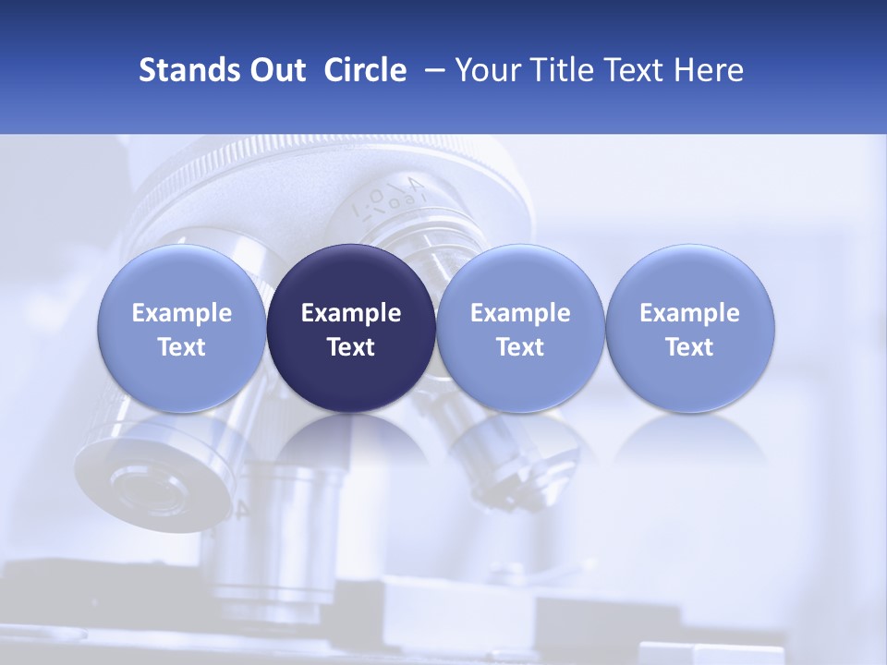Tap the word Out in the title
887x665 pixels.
tap(274, 70)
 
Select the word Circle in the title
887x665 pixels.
tap(365, 70)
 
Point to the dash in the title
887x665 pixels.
tap(431, 70)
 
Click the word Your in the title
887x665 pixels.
tap(488, 70)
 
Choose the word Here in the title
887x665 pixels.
tap(711, 70)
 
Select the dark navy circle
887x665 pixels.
tap(351, 329)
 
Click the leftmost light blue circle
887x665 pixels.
tap(182, 329)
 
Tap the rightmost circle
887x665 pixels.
tap(689, 329)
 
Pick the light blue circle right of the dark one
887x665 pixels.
tap(520, 329)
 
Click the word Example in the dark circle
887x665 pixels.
tap(351, 313)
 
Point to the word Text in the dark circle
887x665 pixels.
tap(351, 347)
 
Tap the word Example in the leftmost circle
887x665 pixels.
tap(182, 313)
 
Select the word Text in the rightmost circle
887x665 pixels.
tap(689, 347)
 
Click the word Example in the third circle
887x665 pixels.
tap(520, 313)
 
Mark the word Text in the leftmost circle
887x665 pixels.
tap(182, 347)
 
